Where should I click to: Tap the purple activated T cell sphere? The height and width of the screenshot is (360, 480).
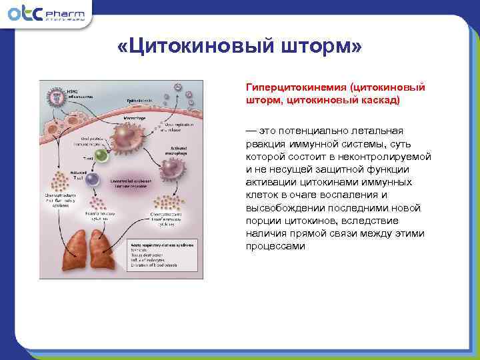[x=93, y=180]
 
